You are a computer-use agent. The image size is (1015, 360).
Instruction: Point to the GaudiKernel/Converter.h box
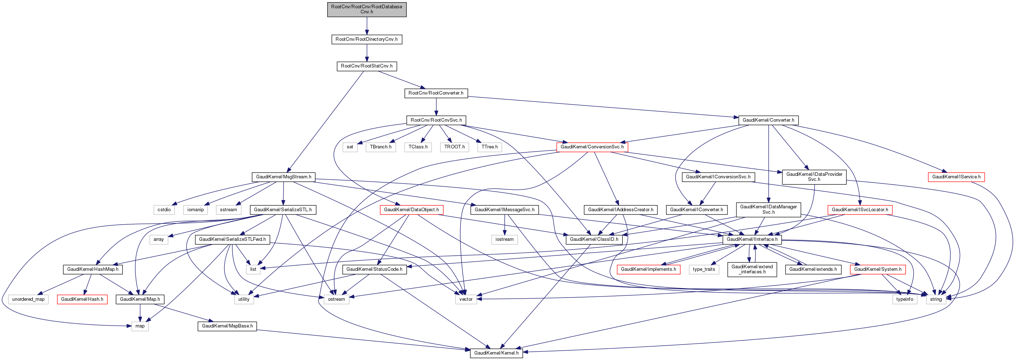(768, 120)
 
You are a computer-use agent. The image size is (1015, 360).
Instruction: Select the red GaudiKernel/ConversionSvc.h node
(592, 147)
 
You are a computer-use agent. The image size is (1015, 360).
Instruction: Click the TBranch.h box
(381, 147)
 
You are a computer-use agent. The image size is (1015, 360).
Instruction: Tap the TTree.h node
(489, 147)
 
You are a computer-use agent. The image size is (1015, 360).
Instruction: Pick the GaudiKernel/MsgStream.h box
(283, 177)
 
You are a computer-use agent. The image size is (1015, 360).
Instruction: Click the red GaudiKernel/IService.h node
(956, 177)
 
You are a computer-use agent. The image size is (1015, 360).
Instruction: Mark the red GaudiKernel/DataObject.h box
(411, 209)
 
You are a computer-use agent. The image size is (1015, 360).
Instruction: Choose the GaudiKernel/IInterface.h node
(752, 239)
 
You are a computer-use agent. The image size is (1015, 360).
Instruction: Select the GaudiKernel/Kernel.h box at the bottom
(496, 353)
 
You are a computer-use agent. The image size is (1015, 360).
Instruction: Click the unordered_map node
(29, 299)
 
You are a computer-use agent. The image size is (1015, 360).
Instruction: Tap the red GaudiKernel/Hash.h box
(82, 299)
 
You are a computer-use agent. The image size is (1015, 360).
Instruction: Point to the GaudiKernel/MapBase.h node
(227, 326)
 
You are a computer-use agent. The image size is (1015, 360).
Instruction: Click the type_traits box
(704, 269)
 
